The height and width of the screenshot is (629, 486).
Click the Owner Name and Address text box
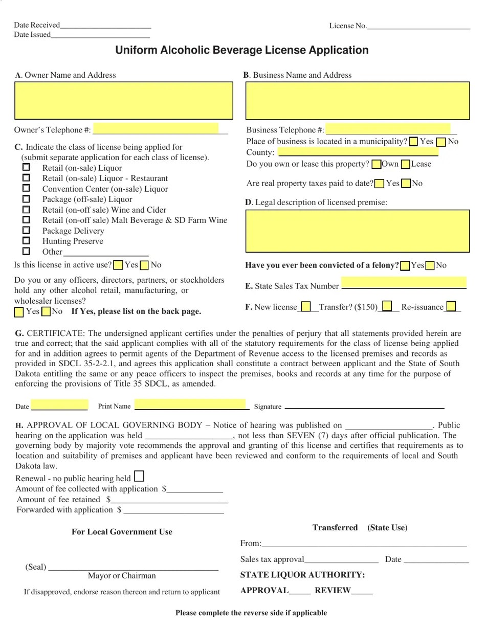(123, 101)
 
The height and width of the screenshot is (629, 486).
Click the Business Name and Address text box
(357, 101)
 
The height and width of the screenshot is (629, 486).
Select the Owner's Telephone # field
(156, 128)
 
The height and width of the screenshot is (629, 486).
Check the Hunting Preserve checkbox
(26, 241)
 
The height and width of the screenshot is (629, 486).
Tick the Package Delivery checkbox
(26, 230)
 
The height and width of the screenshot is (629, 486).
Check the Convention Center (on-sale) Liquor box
(26, 188)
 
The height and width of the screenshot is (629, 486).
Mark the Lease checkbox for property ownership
(406, 164)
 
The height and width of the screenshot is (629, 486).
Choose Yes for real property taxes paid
(380, 184)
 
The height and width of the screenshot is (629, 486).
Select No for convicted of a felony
(430, 265)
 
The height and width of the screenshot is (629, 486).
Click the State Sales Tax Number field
(404, 282)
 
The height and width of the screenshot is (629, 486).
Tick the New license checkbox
(306, 307)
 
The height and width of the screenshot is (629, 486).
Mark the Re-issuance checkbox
(451, 307)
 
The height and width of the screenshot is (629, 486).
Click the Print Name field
(190, 405)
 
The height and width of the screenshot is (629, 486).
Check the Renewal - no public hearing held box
(139, 477)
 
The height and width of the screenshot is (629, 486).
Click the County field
(358, 151)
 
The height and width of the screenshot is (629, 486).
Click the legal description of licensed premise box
(357, 231)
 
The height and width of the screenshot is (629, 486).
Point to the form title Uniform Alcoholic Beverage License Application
(241, 50)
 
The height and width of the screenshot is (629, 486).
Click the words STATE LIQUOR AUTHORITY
(302, 575)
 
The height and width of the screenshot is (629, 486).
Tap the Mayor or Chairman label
(122, 576)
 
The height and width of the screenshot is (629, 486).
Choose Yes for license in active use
(118, 265)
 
